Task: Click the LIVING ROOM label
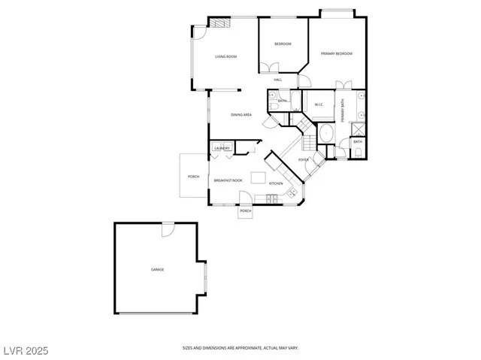[x=226, y=57]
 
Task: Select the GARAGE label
[x=157, y=269]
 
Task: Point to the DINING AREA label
[x=240, y=115]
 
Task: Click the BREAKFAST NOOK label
[x=228, y=180]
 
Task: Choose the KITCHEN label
[x=276, y=184]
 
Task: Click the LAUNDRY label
[x=222, y=148]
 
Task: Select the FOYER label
[x=304, y=160]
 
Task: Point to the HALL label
[x=277, y=80]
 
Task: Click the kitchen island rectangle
[x=259, y=177]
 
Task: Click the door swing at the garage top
[x=167, y=230]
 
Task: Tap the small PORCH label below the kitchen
[x=245, y=211]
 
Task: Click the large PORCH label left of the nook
[x=193, y=177]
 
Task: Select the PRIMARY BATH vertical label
[x=343, y=110]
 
